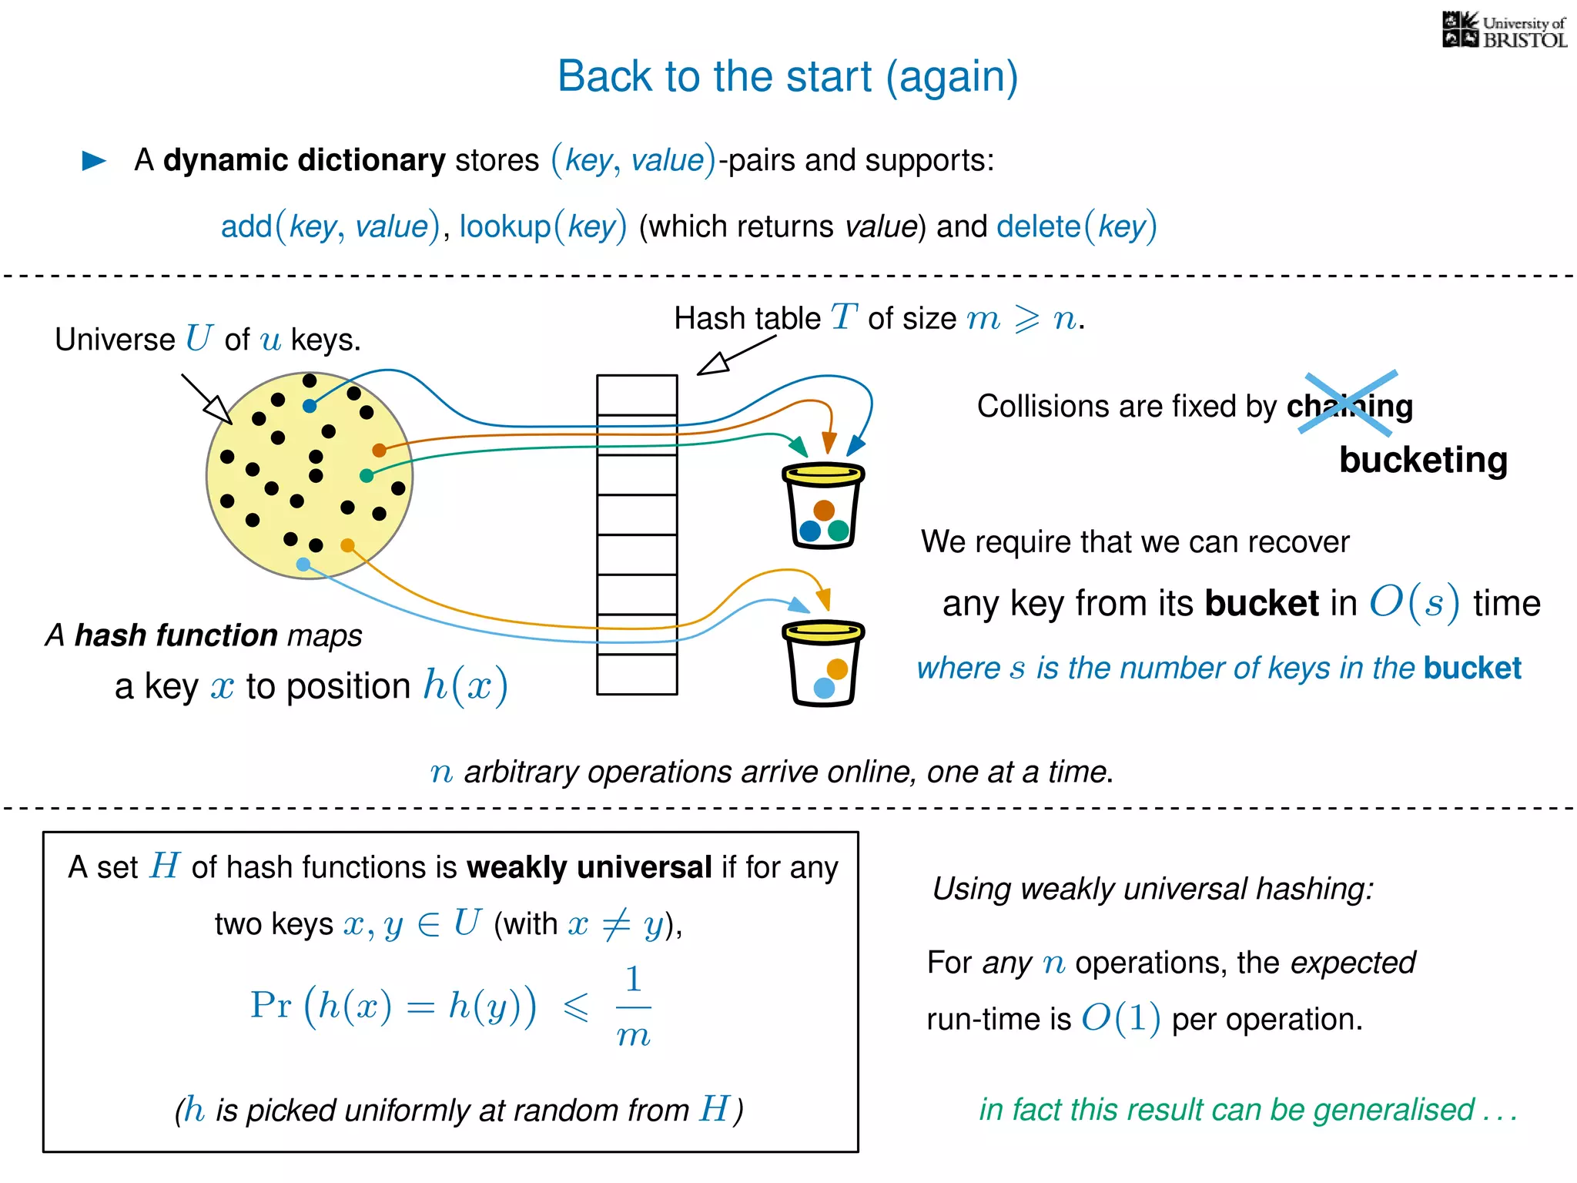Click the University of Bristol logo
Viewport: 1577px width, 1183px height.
pos(1504,31)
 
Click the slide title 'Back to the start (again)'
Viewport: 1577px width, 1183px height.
pos(787,76)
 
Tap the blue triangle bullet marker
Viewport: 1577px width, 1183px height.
pos(94,160)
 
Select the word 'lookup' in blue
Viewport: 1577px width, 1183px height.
pos(505,226)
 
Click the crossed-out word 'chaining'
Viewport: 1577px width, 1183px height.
pos(1349,405)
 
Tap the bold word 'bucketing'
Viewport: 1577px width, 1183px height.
pos(1423,460)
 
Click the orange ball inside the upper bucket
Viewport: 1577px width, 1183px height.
pos(824,510)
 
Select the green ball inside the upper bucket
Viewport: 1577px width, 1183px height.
pos(839,530)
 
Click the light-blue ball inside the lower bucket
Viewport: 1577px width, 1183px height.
pos(824,688)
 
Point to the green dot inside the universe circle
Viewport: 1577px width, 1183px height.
pos(367,475)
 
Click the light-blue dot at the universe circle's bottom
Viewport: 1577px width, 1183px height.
pos(303,565)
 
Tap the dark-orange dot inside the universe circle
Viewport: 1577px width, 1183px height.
pos(379,450)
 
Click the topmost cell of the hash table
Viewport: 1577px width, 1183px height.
pos(637,394)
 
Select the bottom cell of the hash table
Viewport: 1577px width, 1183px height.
pos(637,675)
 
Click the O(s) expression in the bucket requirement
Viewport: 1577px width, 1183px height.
pos(1414,603)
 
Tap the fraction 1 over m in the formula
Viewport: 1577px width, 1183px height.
pos(633,1007)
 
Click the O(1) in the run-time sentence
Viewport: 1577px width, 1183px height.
pos(1120,1019)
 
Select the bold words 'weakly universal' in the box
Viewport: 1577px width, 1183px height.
pos(589,867)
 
